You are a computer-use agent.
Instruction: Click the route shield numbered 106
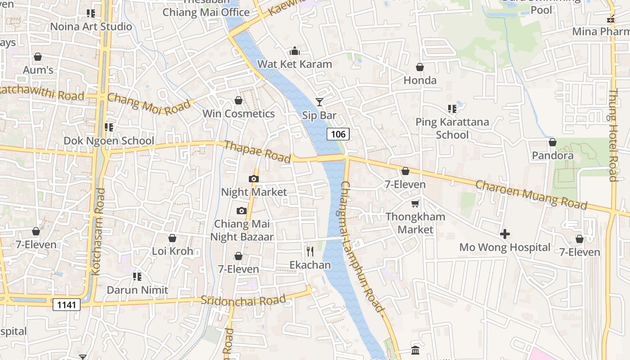tap(338, 134)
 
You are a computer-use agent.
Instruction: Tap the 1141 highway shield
tap(67, 305)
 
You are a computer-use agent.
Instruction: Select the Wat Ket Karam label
tap(295, 64)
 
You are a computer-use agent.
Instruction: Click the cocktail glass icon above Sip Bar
tap(319, 102)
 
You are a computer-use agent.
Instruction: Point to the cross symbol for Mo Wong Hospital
tap(505, 234)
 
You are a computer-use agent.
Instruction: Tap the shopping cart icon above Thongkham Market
tap(415, 203)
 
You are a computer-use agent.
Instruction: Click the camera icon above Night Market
tap(254, 179)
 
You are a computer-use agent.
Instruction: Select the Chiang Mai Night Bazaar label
tap(242, 230)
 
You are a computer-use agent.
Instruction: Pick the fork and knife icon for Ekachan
tap(310, 252)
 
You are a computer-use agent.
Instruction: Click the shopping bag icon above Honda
tap(420, 67)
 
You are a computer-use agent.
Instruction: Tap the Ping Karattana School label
tap(452, 128)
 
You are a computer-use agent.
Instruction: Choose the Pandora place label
tap(553, 156)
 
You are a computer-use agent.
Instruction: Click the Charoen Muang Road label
tap(531, 195)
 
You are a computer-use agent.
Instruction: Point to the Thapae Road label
tap(257, 152)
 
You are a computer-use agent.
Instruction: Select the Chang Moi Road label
tap(148, 104)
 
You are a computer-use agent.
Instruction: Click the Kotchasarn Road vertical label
tap(98, 232)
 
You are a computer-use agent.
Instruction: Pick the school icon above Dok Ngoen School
tap(108, 127)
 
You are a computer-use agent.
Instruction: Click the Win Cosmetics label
tap(238, 113)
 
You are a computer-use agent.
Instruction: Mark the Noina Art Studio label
tap(91, 27)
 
